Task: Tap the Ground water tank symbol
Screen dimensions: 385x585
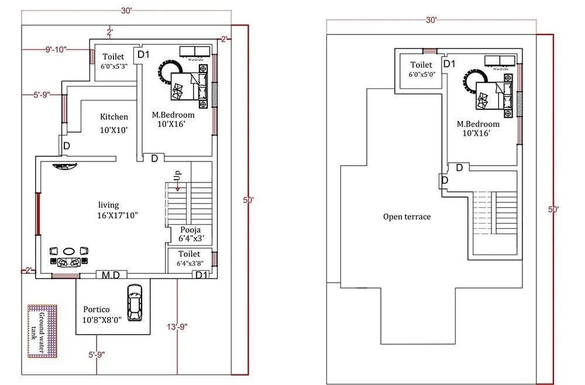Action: tap(43, 331)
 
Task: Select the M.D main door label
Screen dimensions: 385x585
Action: tap(111, 275)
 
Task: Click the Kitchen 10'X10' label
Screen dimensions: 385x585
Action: tap(113, 123)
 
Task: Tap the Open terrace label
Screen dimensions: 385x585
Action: tap(407, 216)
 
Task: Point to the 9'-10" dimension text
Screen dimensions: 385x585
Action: tap(56, 50)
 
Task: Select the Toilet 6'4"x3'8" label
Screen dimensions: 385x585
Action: tap(189, 259)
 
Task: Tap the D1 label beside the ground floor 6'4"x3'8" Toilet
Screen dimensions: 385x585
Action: tap(201, 275)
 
